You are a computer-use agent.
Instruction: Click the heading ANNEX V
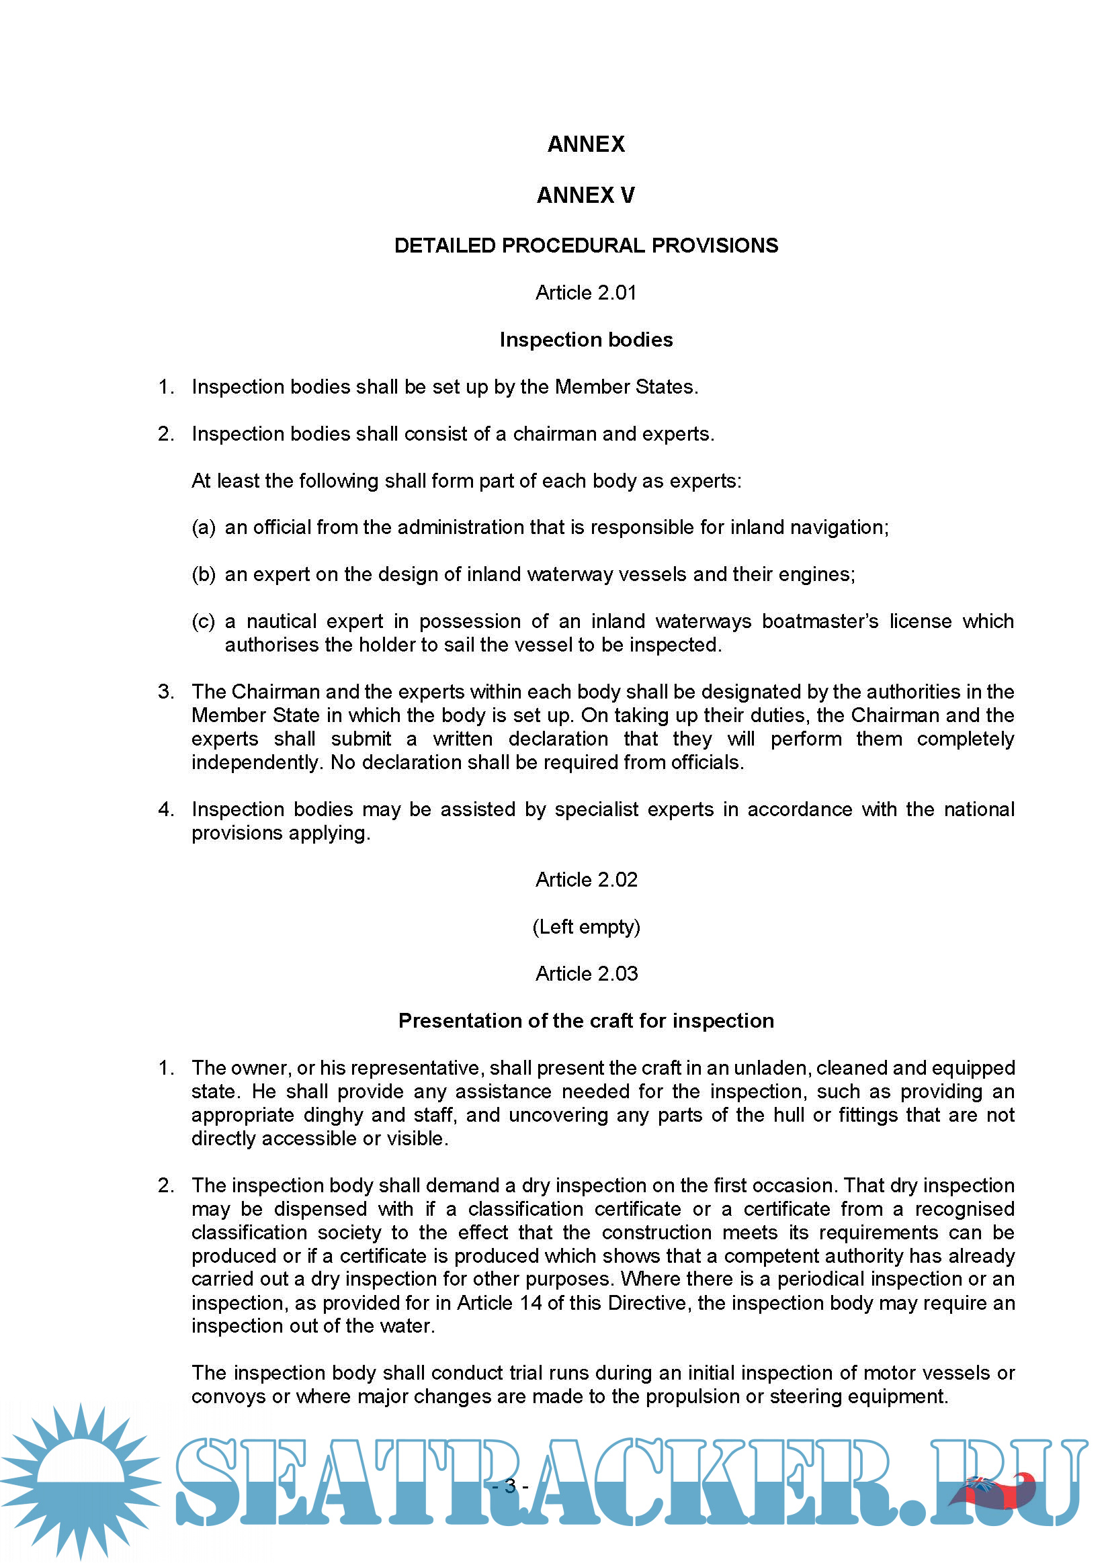pyautogui.click(x=586, y=195)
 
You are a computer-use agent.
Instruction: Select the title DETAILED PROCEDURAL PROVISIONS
pyautogui.click(x=586, y=246)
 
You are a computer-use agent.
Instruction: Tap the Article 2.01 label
pyautogui.click(x=586, y=293)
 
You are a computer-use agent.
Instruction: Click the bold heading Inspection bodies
pyautogui.click(x=586, y=340)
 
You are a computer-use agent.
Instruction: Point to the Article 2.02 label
pyautogui.click(x=586, y=880)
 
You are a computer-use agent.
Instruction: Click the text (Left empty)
pyautogui.click(x=586, y=927)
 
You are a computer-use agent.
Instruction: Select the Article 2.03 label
pyautogui.click(x=586, y=974)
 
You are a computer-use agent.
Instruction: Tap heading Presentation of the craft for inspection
pyautogui.click(x=586, y=1021)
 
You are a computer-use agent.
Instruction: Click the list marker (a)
pyautogui.click(x=204, y=527)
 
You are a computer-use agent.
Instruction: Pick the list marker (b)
pyautogui.click(x=204, y=574)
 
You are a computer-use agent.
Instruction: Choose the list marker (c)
pyautogui.click(x=204, y=621)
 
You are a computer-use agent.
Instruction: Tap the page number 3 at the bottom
pyautogui.click(x=510, y=1486)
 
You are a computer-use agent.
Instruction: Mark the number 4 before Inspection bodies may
pyautogui.click(x=165, y=809)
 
